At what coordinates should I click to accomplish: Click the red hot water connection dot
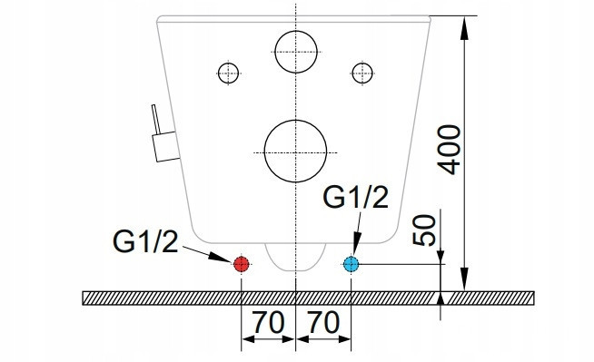pyautogui.click(x=242, y=264)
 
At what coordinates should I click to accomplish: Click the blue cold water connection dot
pyautogui.click(x=351, y=264)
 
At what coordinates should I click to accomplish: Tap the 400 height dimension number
pyautogui.click(x=450, y=150)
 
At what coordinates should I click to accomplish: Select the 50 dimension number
pyautogui.click(x=424, y=230)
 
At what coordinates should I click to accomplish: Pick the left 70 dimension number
pyautogui.click(x=268, y=323)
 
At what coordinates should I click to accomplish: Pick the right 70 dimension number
pyautogui.click(x=323, y=323)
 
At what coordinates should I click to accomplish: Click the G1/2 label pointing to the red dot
pyautogui.click(x=145, y=242)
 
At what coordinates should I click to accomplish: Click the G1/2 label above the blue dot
pyautogui.click(x=356, y=197)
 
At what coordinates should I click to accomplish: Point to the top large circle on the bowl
pyautogui.click(x=296, y=31)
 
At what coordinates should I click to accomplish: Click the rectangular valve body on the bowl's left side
pyautogui.click(x=166, y=146)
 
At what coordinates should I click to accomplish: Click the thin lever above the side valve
pyautogui.click(x=155, y=119)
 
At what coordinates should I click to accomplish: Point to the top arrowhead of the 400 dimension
pyautogui.click(x=465, y=27)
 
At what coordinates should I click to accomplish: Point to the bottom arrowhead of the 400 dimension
pyautogui.click(x=465, y=279)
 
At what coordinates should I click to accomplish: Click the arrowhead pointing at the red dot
pyautogui.click(x=221, y=257)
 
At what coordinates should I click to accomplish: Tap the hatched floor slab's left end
pyautogui.click(x=83, y=298)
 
